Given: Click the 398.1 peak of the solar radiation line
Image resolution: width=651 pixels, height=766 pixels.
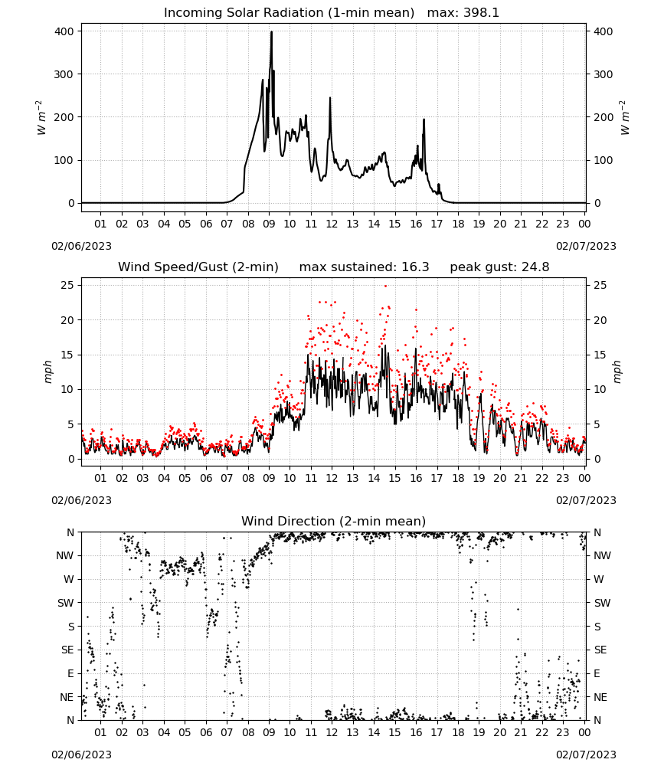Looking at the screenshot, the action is point(272,32).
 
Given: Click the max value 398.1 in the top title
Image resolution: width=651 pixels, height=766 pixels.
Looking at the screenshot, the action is point(481,13).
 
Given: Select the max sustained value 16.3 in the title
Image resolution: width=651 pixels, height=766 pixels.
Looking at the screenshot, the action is point(415,267).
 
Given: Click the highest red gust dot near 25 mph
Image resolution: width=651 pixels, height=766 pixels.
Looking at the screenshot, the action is point(385,286).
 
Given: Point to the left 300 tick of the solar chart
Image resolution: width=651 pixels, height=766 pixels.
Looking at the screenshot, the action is point(64,74).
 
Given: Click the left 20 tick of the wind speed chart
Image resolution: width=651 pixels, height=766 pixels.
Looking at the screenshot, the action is point(68,320).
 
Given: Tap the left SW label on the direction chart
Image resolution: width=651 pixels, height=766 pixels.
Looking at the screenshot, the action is point(66,603).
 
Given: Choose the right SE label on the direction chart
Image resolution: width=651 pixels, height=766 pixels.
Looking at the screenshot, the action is point(600,650).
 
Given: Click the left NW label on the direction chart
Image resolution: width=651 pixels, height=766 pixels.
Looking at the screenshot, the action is point(65,555).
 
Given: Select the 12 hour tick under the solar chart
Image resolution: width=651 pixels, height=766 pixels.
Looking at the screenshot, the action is point(332,224).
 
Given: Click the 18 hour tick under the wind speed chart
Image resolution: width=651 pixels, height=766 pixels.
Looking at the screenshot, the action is point(458,478).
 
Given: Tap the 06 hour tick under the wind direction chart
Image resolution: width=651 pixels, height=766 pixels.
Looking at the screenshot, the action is point(206,732).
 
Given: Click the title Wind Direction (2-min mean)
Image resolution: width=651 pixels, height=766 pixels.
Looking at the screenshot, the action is point(334,521).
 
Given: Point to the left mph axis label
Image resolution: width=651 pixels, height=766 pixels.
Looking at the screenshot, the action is point(47,372).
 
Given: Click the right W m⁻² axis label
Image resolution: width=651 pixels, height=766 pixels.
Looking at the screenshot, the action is point(625,118).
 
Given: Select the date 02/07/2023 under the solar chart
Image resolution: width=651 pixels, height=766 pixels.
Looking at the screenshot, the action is point(586,246).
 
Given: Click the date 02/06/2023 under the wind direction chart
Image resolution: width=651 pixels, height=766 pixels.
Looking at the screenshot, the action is point(81,755).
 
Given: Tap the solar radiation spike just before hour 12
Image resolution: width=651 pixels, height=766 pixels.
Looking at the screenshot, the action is point(330,99).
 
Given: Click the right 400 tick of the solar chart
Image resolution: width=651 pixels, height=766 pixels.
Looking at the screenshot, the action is point(604,31).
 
